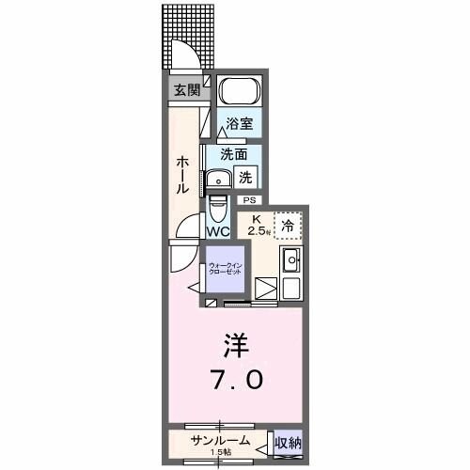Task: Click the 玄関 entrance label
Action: click(x=186, y=90)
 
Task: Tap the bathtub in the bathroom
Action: click(x=239, y=94)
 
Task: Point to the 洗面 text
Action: click(x=234, y=154)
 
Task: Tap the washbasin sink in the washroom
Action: click(x=221, y=179)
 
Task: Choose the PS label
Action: click(x=249, y=200)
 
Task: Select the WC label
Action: click(x=218, y=231)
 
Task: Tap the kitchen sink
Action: click(x=291, y=259)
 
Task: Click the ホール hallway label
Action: click(x=182, y=176)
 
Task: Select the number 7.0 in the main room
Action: click(x=235, y=381)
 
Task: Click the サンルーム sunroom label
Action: click(x=220, y=440)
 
